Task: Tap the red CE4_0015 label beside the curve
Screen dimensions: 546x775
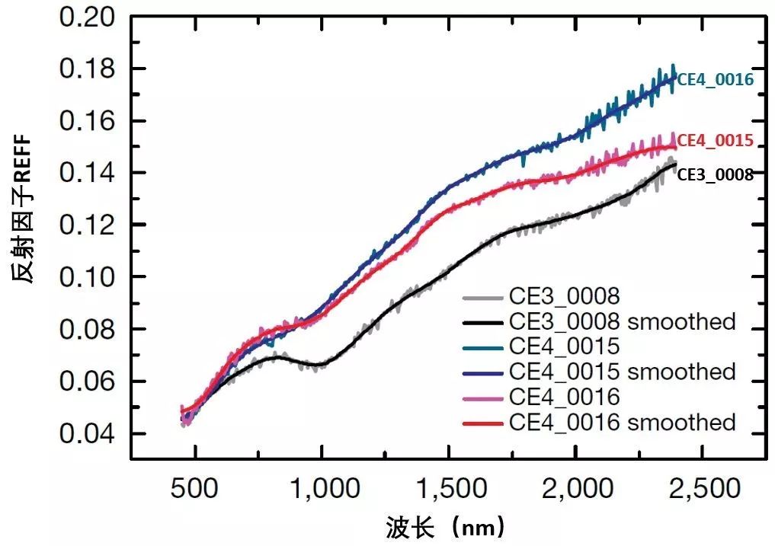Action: tap(715, 141)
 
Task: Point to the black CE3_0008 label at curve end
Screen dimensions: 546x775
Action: tap(715, 174)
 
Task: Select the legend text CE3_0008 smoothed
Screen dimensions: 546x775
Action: tap(621, 321)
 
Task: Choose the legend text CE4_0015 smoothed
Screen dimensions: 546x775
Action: tap(621, 372)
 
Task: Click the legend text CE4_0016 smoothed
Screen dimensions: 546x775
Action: tap(621, 422)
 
